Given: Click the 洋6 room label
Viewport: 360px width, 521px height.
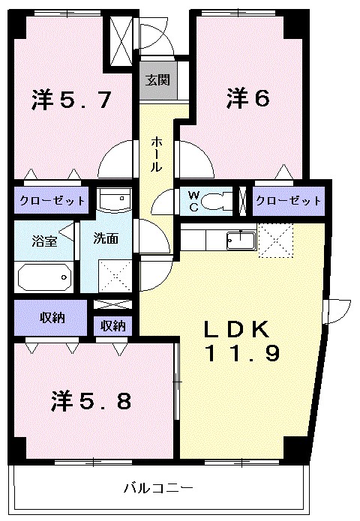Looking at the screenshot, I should click(248, 98).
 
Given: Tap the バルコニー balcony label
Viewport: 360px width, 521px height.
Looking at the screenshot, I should click(158, 488).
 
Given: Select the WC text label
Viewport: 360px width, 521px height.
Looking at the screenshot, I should click(193, 200).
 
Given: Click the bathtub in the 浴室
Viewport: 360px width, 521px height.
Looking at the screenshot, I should click(43, 277).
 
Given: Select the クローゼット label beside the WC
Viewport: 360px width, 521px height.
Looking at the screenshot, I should click(287, 201).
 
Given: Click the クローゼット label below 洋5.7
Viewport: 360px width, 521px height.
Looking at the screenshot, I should click(52, 201).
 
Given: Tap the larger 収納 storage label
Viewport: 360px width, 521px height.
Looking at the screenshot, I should click(52, 318).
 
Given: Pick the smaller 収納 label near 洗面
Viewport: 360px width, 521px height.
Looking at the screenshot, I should click(113, 325).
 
